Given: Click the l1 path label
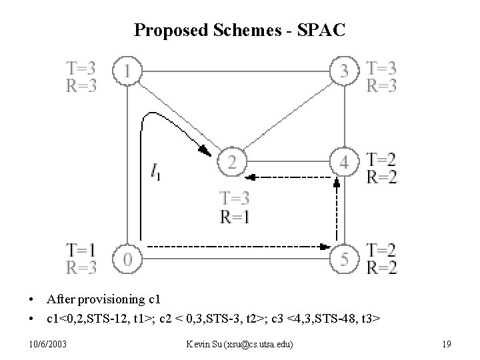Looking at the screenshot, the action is pyautogui.click(x=155, y=174).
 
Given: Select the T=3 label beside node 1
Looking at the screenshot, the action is pyautogui.click(x=81, y=67).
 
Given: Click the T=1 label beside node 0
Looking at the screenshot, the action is pyautogui.click(x=81, y=249).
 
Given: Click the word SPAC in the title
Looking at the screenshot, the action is pyautogui.click(x=321, y=30).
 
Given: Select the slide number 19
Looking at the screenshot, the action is pyautogui.click(x=447, y=343).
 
